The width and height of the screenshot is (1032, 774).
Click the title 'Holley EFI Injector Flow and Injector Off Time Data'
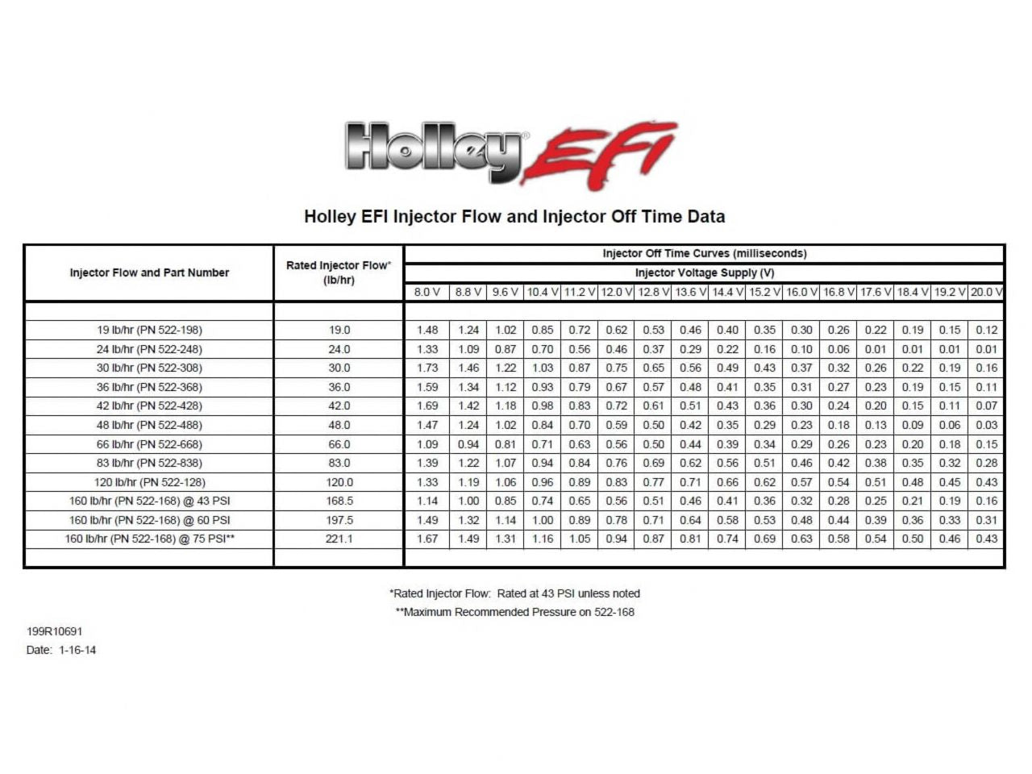click(514, 217)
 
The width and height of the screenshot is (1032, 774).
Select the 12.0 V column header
click(616, 292)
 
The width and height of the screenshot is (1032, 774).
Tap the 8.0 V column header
click(427, 292)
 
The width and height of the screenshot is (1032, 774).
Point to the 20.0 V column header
click(986, 292)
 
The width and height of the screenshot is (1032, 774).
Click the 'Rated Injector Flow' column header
click(339, 273)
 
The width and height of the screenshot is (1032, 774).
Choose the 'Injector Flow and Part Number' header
click(149, 273)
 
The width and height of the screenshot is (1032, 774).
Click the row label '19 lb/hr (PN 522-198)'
click(149, 330)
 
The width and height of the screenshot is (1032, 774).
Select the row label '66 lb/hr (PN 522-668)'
click(149, 444)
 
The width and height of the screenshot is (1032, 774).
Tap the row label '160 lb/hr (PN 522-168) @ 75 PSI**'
click(149, 539)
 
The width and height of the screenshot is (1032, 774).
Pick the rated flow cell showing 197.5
click(339, 520)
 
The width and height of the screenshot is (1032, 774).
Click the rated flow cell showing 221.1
click(339, 539)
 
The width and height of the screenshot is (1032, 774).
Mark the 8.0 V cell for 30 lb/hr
click(427, 368)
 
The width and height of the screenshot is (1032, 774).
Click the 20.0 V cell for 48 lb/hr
click(986, 425)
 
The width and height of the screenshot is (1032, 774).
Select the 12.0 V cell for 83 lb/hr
click(616, 463)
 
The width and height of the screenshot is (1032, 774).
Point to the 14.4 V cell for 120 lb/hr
click(727, 482)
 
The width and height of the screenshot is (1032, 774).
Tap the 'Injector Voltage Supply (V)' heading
click(704, 273)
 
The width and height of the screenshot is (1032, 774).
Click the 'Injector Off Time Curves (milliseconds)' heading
click(704, 253)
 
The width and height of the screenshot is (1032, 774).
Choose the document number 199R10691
click(55, 632)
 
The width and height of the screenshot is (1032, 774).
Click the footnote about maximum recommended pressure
click(514, 612)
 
